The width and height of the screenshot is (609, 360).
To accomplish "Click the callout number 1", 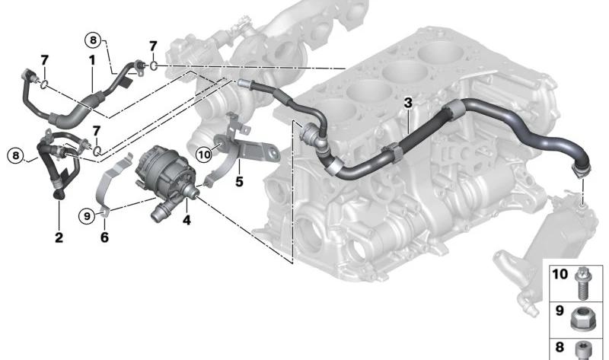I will pyautogui.click(x=91, y=59).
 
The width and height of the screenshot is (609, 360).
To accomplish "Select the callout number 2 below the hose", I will pyautogui.click(x=59, y=238).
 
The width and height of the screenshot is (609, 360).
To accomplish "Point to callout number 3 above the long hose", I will pyautogui.click(x=408, y=102).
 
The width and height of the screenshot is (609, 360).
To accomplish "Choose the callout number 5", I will pyautogui.click(x=239, y=183).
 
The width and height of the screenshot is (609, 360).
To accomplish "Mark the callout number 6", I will pyautogui.click(x=104, y=238).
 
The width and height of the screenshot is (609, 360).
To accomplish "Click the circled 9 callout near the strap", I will pyautogui.click(x=87, y=216).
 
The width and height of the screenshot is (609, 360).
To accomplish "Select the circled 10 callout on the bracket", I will pyautogui.click(x=203, y=155).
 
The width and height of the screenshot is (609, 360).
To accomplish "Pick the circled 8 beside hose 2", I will pyautogui.click(x=14, y=157).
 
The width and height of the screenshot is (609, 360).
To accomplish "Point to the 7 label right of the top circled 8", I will pyautogui.click(x=153, y=46).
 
